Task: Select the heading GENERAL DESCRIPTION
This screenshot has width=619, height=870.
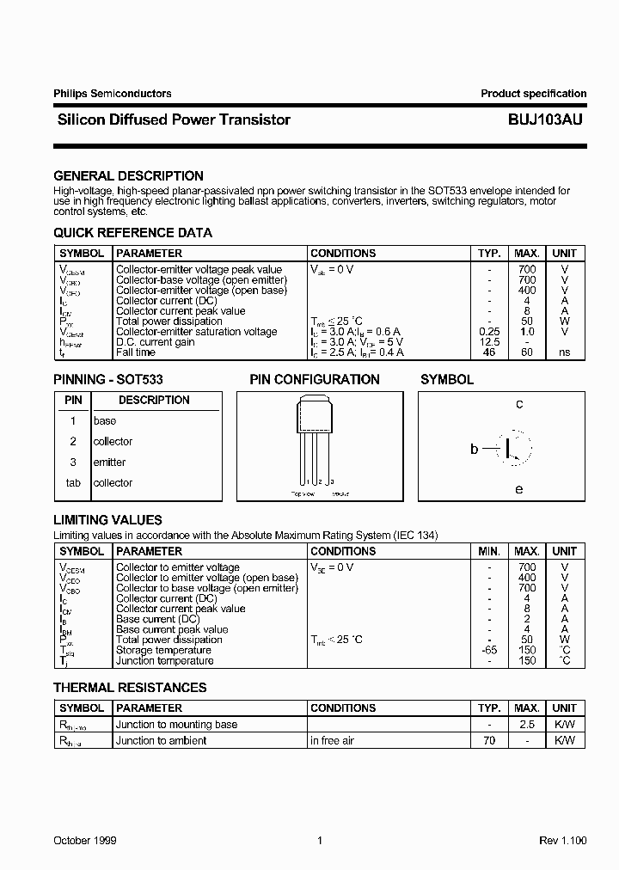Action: pyautogui.click(x=128, y=176)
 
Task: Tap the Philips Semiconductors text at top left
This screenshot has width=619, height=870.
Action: pyautogui.click(x=112, y=94)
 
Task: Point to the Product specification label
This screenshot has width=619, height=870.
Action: pyautogui.click(x=533, y=94)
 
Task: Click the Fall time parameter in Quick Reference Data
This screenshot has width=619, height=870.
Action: pyautogui.click(x=136, y=352)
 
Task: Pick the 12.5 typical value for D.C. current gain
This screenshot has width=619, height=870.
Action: pyautogui.click(x=489, y=342)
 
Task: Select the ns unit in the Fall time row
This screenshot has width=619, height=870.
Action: pyautogui.click(x=564, y=352)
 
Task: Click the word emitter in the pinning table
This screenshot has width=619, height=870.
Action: pyautogui.click(x=109, y=463)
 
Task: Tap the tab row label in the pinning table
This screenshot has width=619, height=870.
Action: pyautogui.click(x=73, y=483)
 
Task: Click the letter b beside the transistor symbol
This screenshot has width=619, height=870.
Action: pyautogui.click(x=474, y=448)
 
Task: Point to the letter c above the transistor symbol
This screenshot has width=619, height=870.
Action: pyautogui.click(x=519, y=404)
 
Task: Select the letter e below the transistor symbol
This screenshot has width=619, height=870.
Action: pyautogui.click(x=519, y=489)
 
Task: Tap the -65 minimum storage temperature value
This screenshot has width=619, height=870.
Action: pyautogui.click(x=489, y=651)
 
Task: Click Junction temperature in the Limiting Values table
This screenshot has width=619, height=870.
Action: pyautogui.click(x=164, y=661)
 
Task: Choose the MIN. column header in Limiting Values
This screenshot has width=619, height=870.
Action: pyautogui.click(x=489, y=551)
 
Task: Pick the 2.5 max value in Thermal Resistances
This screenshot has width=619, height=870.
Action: pyautogui.click(x=527, y=725)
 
